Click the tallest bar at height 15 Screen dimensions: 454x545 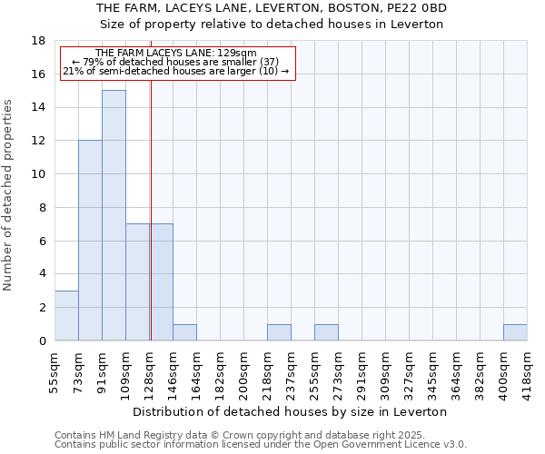point(114,215)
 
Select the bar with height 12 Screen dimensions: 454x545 point(90,241)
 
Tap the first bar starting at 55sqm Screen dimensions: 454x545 point(66,315)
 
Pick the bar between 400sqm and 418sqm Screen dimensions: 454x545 point(515,332)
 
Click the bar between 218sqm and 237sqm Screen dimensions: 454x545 point(279,332)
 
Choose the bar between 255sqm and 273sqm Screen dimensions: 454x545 point(326,332)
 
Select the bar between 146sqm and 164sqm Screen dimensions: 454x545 point(184,332)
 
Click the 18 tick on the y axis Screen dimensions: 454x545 point(39,41)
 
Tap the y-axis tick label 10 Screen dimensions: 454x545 point(39,174)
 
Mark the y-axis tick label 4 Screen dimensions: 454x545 point(42,274)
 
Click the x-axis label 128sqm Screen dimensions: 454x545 point(150,371)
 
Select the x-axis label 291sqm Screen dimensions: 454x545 point(362,371)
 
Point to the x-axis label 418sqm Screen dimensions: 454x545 point(527,371)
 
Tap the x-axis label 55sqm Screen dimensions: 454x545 point(55,371)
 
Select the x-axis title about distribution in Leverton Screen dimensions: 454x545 point(291,411)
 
